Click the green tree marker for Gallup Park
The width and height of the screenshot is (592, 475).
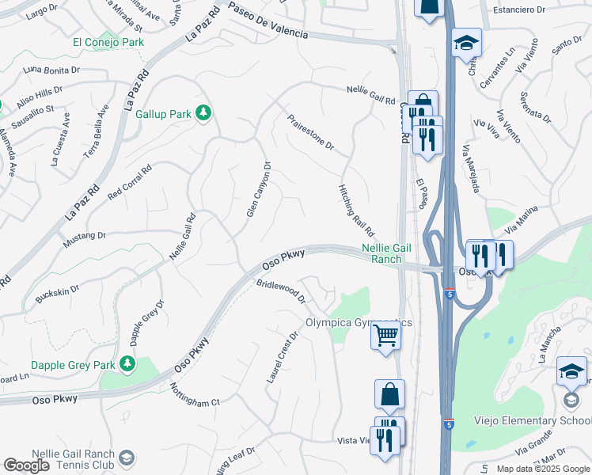[x=203, y=114]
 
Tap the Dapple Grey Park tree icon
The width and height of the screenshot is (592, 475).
[x=127, y=365]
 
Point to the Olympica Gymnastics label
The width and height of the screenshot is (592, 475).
[x=359, y=322]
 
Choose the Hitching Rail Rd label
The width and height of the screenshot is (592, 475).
[x=356, y=209]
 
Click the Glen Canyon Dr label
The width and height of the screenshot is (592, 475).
[x=258, y=190]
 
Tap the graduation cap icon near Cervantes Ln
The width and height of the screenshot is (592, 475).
[x=467, y=42]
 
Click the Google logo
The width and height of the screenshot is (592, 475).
[x=26, y=465]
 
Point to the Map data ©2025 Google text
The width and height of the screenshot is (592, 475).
[x=543, y=469]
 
